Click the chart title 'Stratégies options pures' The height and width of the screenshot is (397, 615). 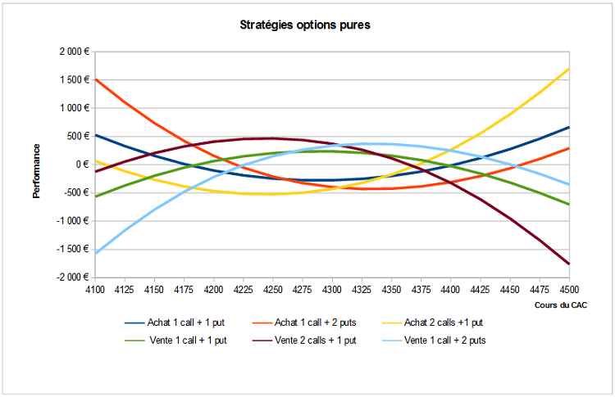click(305, 25)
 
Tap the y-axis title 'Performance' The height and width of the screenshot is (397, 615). click(36, 171)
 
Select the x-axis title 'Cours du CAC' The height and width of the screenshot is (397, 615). click(561, 305)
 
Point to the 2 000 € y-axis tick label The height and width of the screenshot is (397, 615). click(75, 52)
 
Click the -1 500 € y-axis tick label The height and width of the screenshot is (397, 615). click(73, 249)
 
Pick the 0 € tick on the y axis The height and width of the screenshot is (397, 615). click(83, 165)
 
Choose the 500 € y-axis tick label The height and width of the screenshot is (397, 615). click(78, 136)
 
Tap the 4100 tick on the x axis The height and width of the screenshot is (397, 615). click(95, 290)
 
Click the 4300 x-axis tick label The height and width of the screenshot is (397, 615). click(332, 290)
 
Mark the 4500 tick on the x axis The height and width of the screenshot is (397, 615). click(569, 290)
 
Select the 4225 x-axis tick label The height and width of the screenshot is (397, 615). click(244, 290)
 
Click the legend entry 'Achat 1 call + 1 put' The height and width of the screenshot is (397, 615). click(175, 323)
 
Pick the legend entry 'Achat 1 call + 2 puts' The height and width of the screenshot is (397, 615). click(304, 323)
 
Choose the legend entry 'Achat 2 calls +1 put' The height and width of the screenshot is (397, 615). click(433, 323)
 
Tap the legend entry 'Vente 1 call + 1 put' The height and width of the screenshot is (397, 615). click(175, 341)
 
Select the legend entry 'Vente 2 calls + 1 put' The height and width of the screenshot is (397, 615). click(304, 341)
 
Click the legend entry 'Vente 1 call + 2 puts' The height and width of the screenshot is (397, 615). click(434, 341)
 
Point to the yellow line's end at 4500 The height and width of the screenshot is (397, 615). click(569, 69)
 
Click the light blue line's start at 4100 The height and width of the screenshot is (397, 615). click(95, 253)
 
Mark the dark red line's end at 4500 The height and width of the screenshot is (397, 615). click(569, 264)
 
